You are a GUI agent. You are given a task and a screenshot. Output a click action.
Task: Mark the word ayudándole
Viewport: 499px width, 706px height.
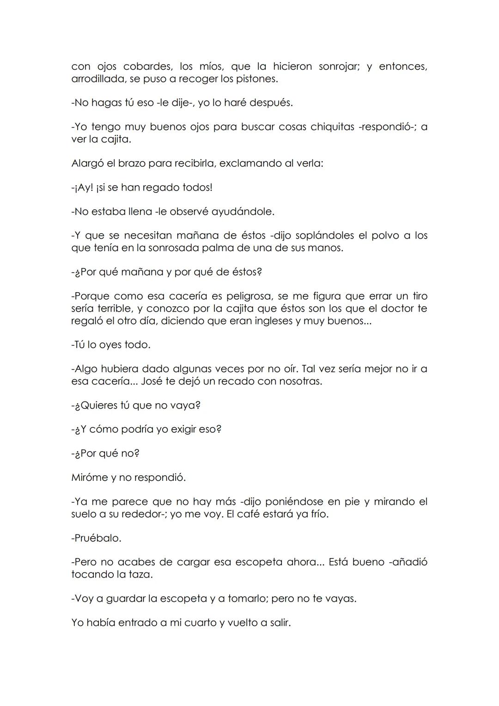tap(243, 212)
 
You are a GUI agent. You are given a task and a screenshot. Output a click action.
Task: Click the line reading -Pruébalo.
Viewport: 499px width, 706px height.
tap(97, 538)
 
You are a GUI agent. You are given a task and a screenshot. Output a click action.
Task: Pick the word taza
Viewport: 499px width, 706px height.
tap(140, 575)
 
